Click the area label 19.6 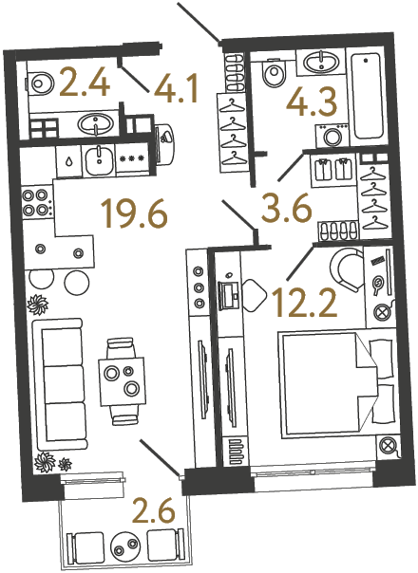pyautogui.click(x=139, y=215)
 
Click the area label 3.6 pyautogui.click(x=288, y=207)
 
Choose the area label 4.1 pyautogui.click(x=176, y=92)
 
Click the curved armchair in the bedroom pyautogui.click(x=348, y=270)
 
